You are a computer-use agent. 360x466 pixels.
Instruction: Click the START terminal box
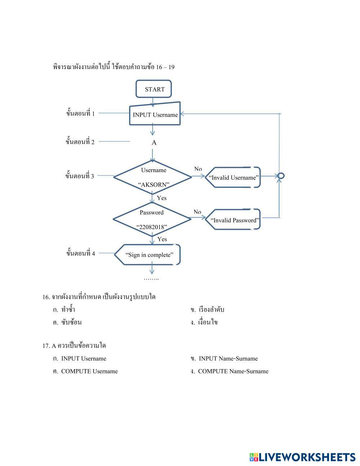pyautogui.click(x=154, y=89)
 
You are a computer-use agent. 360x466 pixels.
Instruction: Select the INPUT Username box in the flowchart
pyautogui.click(x=155, y=115)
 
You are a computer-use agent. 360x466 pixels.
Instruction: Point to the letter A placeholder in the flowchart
pyautogui.click(x=154, y=143)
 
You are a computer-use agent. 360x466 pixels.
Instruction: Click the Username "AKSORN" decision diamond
pyautogui.click(x=153, y=177)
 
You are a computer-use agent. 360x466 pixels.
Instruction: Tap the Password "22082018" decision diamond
pyautogui.click(x=152, y=219)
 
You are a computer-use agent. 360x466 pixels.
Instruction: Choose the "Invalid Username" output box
pyautogui.click(x=234, y=178)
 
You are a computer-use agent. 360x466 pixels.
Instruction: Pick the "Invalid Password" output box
pyautogui.click(x=234, y=220)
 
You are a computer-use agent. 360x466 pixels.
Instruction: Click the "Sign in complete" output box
pyautogui.click(x=148, y=255)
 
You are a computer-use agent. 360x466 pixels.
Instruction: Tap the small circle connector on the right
pyautogui.click(x=281, y=176)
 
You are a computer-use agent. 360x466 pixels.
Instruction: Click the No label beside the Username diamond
pyautogui.click(x=198, y=169)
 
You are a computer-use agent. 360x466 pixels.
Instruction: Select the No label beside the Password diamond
pyautogui.click(x=197, y=212)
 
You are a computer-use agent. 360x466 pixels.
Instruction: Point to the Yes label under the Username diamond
pyautogui.click(x=162, y=198)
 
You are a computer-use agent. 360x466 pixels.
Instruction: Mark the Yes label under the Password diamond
pyautogui.click(x=162, y=239)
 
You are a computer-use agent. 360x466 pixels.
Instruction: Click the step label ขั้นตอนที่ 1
pyautogui.click(x=80, y=113)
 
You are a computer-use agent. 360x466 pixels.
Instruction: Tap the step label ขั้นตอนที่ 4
pyautogui.click(x=80, y=253)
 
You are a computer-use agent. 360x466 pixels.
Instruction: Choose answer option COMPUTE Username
pyautogui.click(x=89, y=371)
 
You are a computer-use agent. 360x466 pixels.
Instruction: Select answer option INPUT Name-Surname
pyautogui.click(x=228, y=359)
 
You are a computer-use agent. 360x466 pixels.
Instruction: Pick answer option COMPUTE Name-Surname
pyautogui.click(x=233, y=371)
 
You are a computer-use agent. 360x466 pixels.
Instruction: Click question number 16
pyautogui.click(x=46, y=297)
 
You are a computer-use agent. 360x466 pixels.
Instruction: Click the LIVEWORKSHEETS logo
pyautogui.click(x=302, y=457)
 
